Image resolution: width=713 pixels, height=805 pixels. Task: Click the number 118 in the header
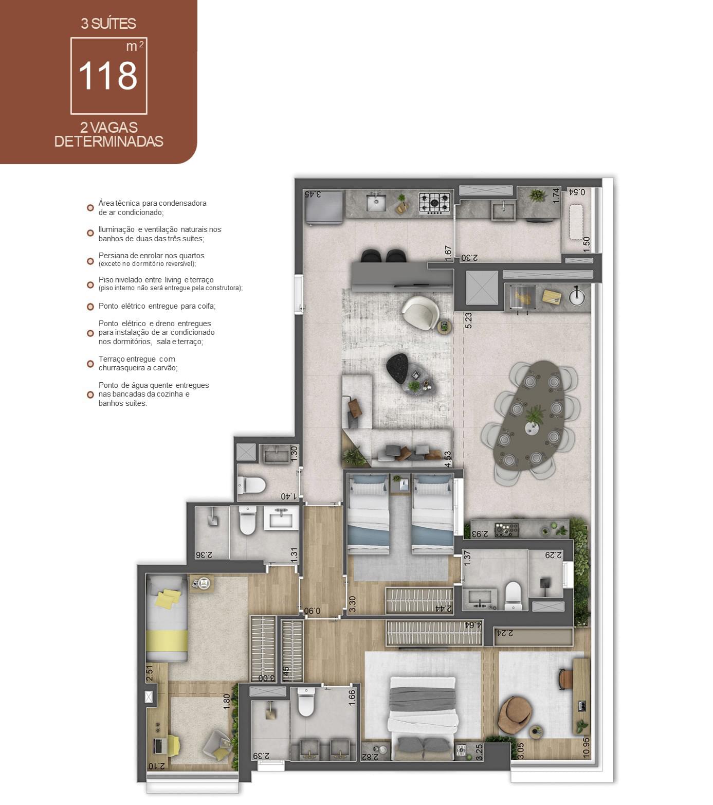pyautogui.click(x=108, y=76)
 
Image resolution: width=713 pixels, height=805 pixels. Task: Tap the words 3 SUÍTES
pyautogui.click(x=108, y=24)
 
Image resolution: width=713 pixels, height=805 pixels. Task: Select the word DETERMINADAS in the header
pyautogui.click(x=109, y=141)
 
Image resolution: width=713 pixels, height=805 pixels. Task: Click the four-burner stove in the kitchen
pyautogui.click(x=435, y=202)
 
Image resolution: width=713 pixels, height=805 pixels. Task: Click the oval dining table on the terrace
pyautogui.click(x=535, y=415)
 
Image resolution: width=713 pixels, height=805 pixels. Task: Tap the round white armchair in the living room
pyautogui.click(x=420, y=312)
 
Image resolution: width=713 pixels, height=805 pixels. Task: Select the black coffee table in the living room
pyautogui.click(x=397, y=368)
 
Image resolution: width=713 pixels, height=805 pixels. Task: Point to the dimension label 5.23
pyautogui.click(x=468, y=320)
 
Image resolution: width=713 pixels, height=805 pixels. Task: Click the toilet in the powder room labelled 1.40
pyautogui.click(x=251, y=485)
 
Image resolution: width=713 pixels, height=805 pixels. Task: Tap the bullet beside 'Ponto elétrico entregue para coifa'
pyautogui.click(x=90, y=307)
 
